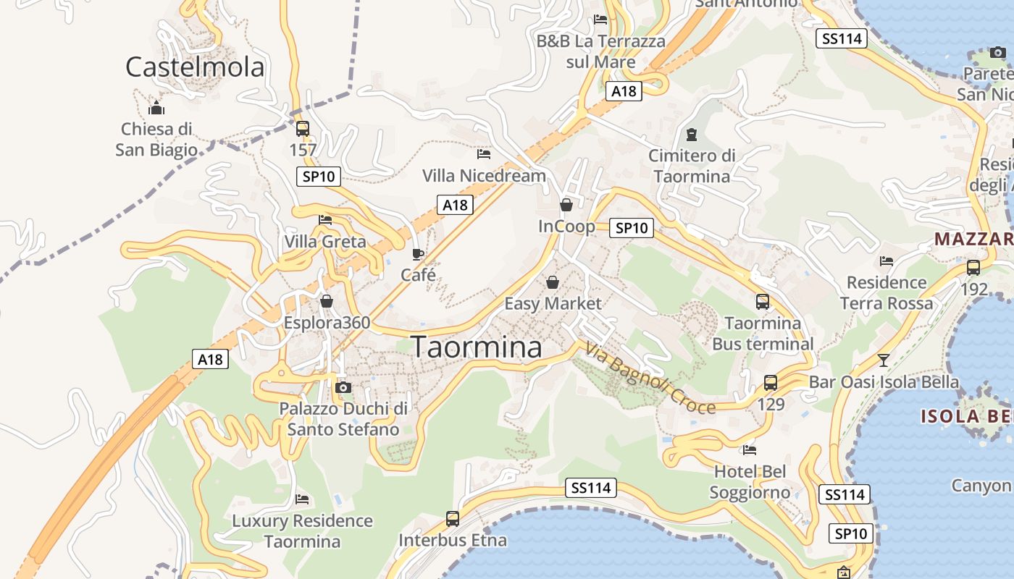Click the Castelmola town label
(x=195, y=67)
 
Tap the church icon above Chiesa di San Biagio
(x=156, y=109)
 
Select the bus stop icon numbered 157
(x=303, y=129)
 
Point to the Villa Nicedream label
(x=484, y=176)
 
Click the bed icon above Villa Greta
(x=325, y=220)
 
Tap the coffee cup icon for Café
(x=418, y=254)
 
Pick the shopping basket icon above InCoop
(x=566, y=205)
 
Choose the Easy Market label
(x=553, y=303)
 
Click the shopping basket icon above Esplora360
(x=327, y=301)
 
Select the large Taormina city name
(x=477, y=347)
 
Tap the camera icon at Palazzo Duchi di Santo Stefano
(x=343, y=387)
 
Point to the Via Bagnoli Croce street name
(x=650, y=379)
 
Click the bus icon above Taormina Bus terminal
(x=763, y=302)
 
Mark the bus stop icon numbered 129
(x=771, y=383)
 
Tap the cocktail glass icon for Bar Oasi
(x=883, y=360)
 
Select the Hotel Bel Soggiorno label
(x=750, y=482)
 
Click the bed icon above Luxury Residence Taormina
(x=302, y=499)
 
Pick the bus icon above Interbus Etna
(x=453, y=518)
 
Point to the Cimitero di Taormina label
(x=692, y=166)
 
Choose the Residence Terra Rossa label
(x=887, y=292)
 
